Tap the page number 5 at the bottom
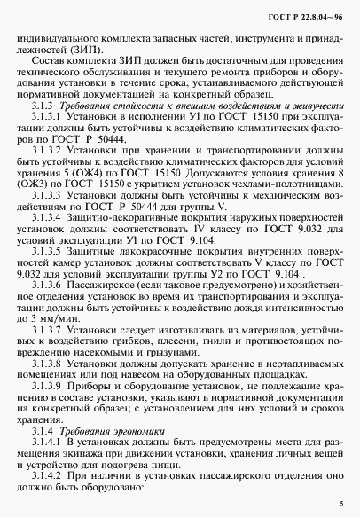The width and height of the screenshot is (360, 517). tap(342, 501)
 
